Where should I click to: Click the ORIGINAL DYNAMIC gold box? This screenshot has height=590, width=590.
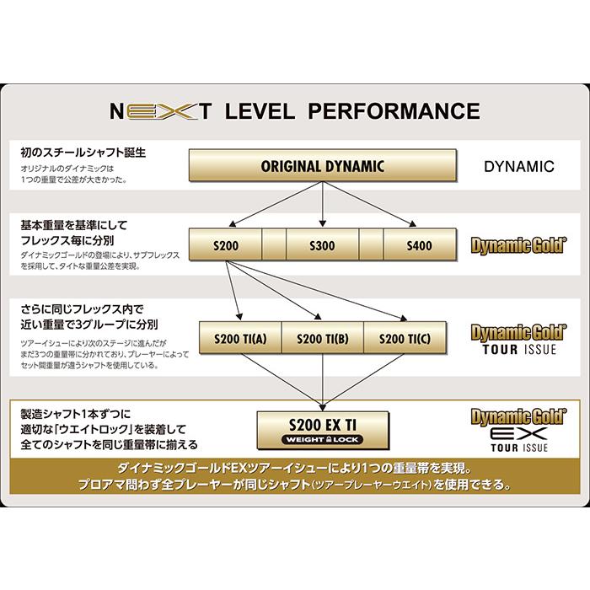point(323,166)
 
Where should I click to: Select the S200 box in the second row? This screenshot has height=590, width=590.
point(226,245)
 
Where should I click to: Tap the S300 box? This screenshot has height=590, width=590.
point(323,245)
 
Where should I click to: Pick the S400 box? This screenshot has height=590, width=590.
point(419,245)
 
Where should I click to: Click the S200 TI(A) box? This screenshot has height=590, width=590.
point(239,338)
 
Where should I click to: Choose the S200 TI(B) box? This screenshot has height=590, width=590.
point(322,338)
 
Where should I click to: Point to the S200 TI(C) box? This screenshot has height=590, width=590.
point(405,338)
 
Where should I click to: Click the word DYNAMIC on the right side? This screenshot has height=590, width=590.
point(519,166)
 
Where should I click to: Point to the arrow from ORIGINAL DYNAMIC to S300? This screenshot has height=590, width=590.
point(323,202)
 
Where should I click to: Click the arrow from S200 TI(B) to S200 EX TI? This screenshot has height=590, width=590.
point(323,378)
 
